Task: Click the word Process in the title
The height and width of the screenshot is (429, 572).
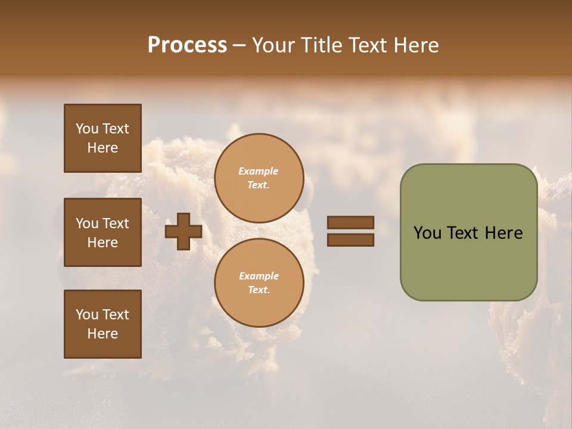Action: [x=187, y=45]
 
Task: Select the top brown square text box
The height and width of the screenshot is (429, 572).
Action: [x=102, y=138]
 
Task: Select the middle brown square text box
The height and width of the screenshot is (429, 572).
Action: [x=102, y=232]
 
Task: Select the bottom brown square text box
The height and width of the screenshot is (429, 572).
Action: [x=102, y=324]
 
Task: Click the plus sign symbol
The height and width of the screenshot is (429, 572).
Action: [x=184, y=232]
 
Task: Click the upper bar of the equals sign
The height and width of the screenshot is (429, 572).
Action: [x=350, y=223]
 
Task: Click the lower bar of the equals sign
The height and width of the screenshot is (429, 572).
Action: [x=350, y=240]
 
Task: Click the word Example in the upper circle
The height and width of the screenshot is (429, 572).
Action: [x=259, y=171]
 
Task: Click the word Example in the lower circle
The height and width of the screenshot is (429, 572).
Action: [x=259, y=276]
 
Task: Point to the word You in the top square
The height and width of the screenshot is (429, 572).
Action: [x=87, y=129]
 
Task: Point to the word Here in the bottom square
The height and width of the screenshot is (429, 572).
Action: [x=102, y=334]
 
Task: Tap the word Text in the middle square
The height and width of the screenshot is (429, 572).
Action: [x=116, y=223]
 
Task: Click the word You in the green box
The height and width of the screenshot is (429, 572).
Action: [x=427, y=233]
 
